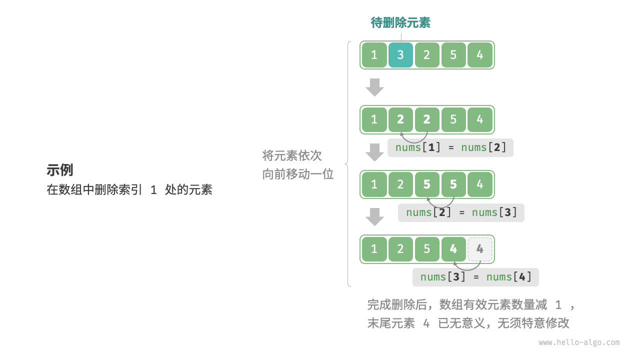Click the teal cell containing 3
click(x=400, y=55)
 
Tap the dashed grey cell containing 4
click(x=480, y=249)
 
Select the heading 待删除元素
click(x=400, y=22)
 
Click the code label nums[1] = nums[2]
click(x=450, y=147)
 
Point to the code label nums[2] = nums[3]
click(x=461, y=212)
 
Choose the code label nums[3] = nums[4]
click(x=475, y=277)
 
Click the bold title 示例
click(x=60, y=170)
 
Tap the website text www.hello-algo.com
click(x=579, y=342)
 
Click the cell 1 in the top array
click(x=374, y=55)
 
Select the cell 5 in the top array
click(x=453, y=55)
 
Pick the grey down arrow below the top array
click(x=374, y=87)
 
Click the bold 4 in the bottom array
click(x=453, y=249)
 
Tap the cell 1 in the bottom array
click(x=374, y=249)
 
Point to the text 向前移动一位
click(x=298, y=174)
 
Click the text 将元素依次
click(x=292, y=155)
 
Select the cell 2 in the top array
click(x=427, y=55)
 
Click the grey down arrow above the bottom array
click(x=374, y=216)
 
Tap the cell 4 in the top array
click(x=480, y=55)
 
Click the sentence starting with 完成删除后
click(x=471, y=304)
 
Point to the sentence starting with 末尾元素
click(x=468, y=323)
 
